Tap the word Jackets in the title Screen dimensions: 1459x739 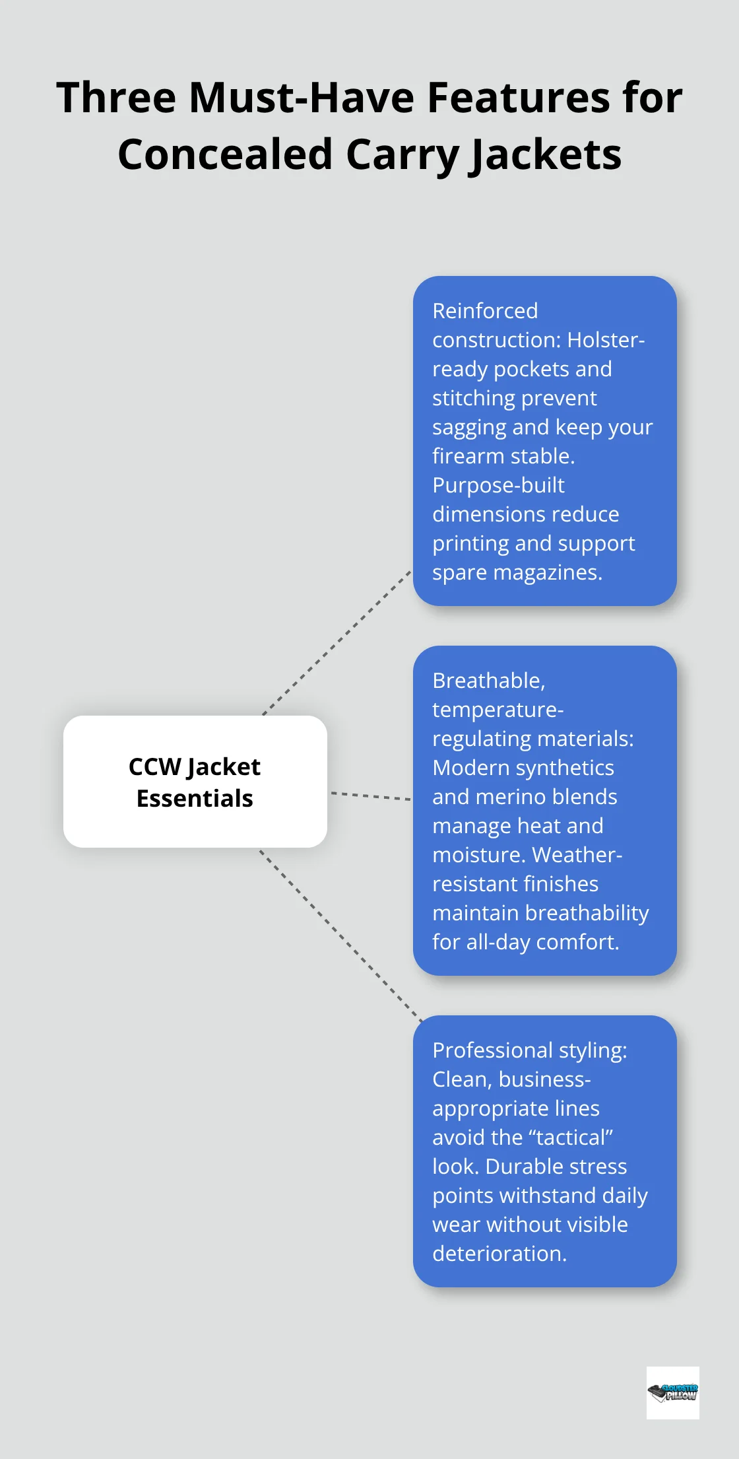click(x=545, y=155)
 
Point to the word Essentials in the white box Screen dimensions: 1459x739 click(x=195, y=799)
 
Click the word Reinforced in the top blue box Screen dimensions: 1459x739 click(x=485, y=311)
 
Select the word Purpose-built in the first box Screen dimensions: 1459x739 click(x=498, y=485)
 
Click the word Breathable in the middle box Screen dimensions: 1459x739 click(x=488, y=681)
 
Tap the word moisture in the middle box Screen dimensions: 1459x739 click(x=478, y=855)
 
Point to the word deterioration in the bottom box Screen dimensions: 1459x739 click(x=499, y=1254)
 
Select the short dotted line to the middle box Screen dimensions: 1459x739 click(x=370, y=796)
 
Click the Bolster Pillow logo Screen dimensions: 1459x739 click(x=672, y=1393)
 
